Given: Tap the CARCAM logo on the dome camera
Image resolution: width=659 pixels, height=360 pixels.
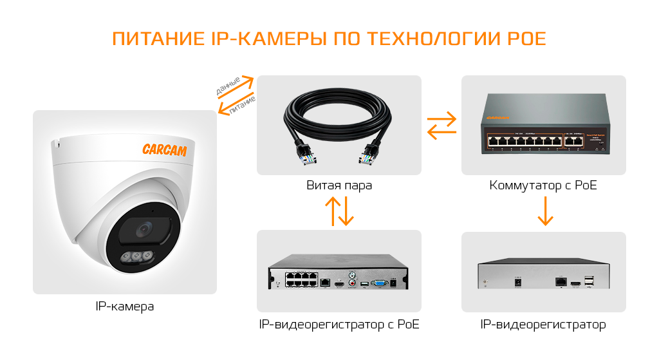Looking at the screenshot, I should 164,149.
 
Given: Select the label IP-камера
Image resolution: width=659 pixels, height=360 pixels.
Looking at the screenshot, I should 124,307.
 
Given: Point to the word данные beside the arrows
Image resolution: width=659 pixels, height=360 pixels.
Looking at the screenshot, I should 228,86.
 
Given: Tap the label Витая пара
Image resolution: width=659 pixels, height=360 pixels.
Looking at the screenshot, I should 339,185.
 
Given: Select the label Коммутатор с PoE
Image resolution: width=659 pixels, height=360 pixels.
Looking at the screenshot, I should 543,185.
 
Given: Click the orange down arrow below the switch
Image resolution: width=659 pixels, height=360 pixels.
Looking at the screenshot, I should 545,211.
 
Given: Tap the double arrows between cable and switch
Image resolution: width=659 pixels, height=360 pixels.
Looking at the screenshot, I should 442,126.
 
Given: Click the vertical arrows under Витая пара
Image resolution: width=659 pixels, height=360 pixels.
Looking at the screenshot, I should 339,211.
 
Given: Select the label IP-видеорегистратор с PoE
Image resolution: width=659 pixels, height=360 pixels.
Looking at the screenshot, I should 339,325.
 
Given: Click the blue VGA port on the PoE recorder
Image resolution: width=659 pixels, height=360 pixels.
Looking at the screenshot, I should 380,282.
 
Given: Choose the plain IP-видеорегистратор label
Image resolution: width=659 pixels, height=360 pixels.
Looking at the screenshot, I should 543,325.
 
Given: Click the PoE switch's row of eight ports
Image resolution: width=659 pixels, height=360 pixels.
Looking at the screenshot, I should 524,139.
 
